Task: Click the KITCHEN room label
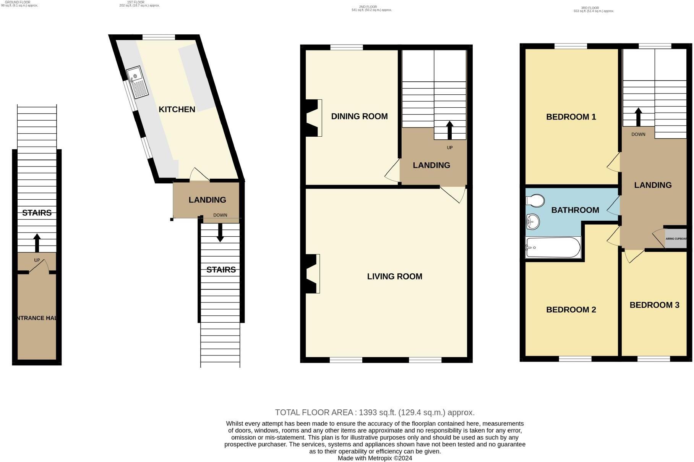(x=177, y=110)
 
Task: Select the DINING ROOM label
(x=359, y=116)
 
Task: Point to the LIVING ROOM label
(x=394, y=276)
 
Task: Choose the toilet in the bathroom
(x=535, y=200)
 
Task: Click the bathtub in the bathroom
(x=553, y=247)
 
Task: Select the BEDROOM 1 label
(x=571, y=117)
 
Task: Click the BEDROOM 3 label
(x=654, y=305)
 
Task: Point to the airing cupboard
(x=676, y=239)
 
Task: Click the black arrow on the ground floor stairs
(x=37, y=243)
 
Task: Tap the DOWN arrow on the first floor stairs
(x=220, y=233)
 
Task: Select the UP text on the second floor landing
(x=449, y=147)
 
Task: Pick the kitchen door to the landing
(x=199, y=174)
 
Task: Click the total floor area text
(x=375, y=412)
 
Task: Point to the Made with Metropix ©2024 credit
(x=375, y=458)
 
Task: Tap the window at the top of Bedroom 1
(x=571, y=46)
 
